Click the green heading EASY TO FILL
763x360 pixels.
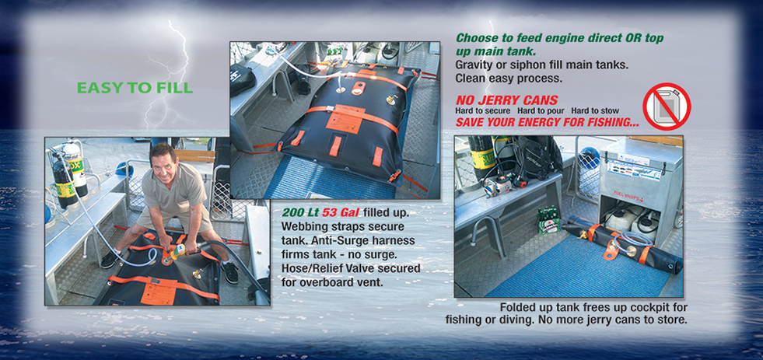[135, 88]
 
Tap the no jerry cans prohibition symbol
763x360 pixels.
[667, 107]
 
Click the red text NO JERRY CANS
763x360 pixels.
[506, 101]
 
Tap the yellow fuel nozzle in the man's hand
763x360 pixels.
[176, 251]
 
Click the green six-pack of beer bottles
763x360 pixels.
[548, 219]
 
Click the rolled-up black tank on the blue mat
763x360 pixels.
[623, 243]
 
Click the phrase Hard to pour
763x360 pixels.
[530, 111]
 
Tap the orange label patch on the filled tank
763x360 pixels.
[346, 119]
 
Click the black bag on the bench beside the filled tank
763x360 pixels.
[243, 80]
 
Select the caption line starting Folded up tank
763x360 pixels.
[593, 308]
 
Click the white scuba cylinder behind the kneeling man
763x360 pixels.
[75, 167]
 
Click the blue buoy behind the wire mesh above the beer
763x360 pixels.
[590, 157]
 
